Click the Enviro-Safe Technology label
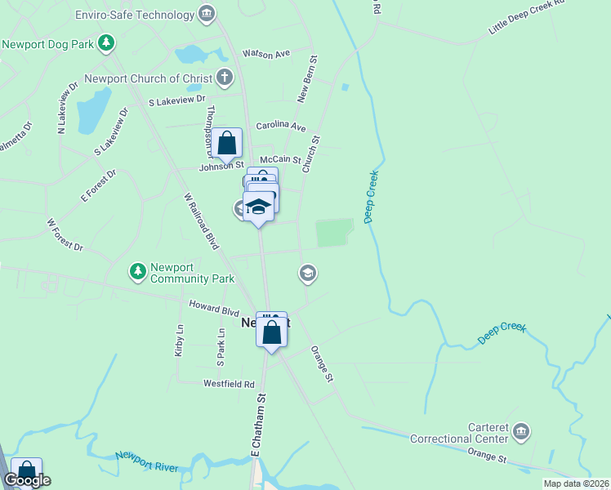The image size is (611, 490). click(x=145, y=15)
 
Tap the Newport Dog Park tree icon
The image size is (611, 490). click(x=105, y=42)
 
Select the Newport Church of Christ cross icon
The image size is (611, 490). click(x=225, y=78)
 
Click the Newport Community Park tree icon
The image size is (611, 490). click(x=136, y=270)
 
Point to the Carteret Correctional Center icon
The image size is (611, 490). click(x=521, y=430)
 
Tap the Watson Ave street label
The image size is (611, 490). click(x=267, y=54)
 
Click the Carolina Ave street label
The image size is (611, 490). click(x=280, y=127)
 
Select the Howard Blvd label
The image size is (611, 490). click(x=214, y=312)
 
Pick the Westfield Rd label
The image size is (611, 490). click(x=229, y=383)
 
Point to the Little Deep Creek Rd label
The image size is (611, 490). click(x=526, y=17)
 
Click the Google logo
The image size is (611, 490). click(x=27, y=481)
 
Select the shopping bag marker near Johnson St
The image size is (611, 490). click(x=226, y=144)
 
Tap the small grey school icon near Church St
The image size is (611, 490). click(x=308, y=273)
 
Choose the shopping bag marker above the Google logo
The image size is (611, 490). click(x=26, y=470)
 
